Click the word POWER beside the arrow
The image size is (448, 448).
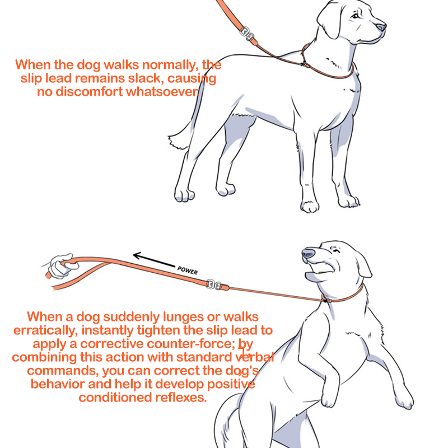click(x=188, y=270)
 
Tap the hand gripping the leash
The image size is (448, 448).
click(x=62, y=265)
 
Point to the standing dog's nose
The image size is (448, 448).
click(x=381, y=27)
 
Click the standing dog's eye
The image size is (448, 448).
click(x=355, y=16)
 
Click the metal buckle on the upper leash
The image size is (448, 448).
click(x=247, y=33)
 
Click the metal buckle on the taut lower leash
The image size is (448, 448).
click(x=214, y=284)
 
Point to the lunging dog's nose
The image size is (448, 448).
click(x=309, y=253)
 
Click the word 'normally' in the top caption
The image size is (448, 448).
click(x=170, y=66)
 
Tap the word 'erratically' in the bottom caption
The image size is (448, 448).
click(x=45, y=330)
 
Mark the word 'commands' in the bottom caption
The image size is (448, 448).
click(x=63, y=371)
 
